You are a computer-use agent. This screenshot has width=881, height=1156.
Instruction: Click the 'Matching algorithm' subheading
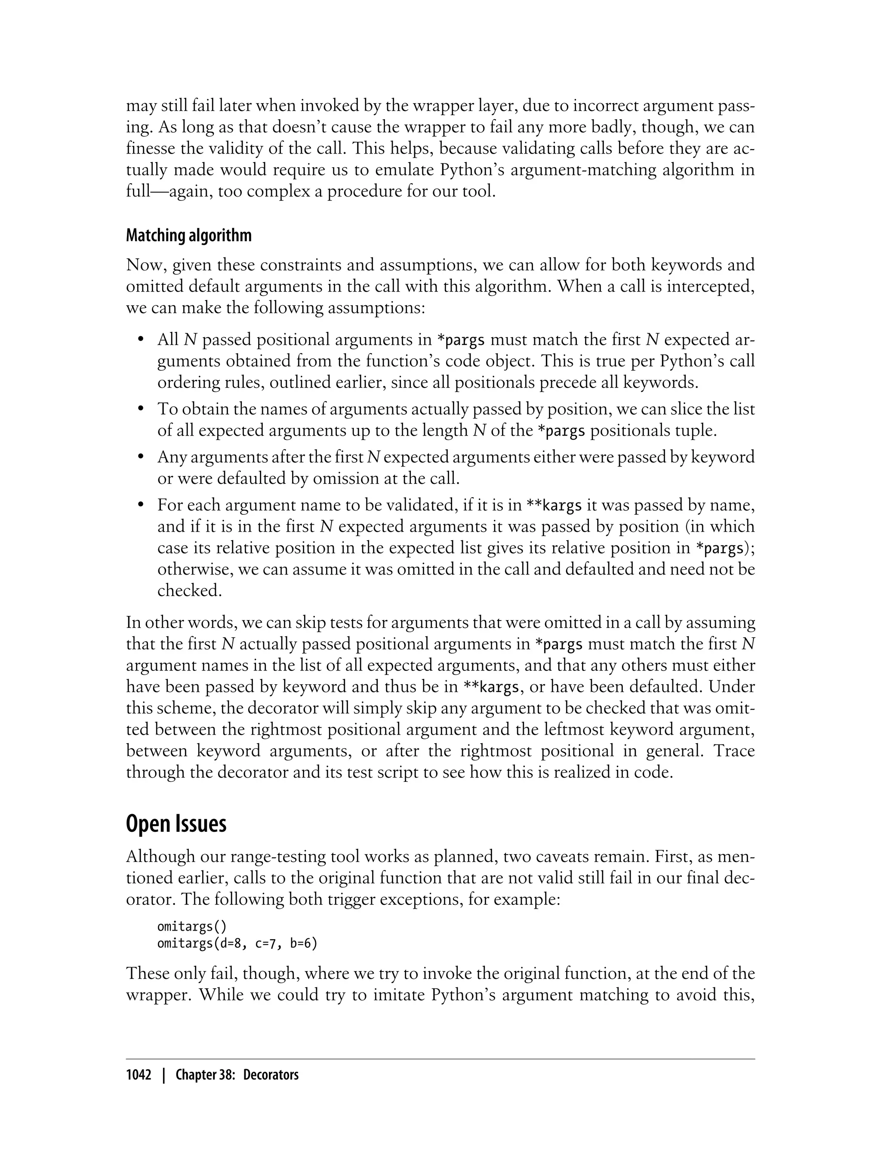point(189,235)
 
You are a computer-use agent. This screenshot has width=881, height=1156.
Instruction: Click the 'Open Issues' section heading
point(176,824)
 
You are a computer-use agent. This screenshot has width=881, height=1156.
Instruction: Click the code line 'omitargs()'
point(192,926)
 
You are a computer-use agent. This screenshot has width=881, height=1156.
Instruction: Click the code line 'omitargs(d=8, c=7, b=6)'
point(237,944)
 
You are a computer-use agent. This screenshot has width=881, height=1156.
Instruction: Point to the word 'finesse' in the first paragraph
point(151,148)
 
